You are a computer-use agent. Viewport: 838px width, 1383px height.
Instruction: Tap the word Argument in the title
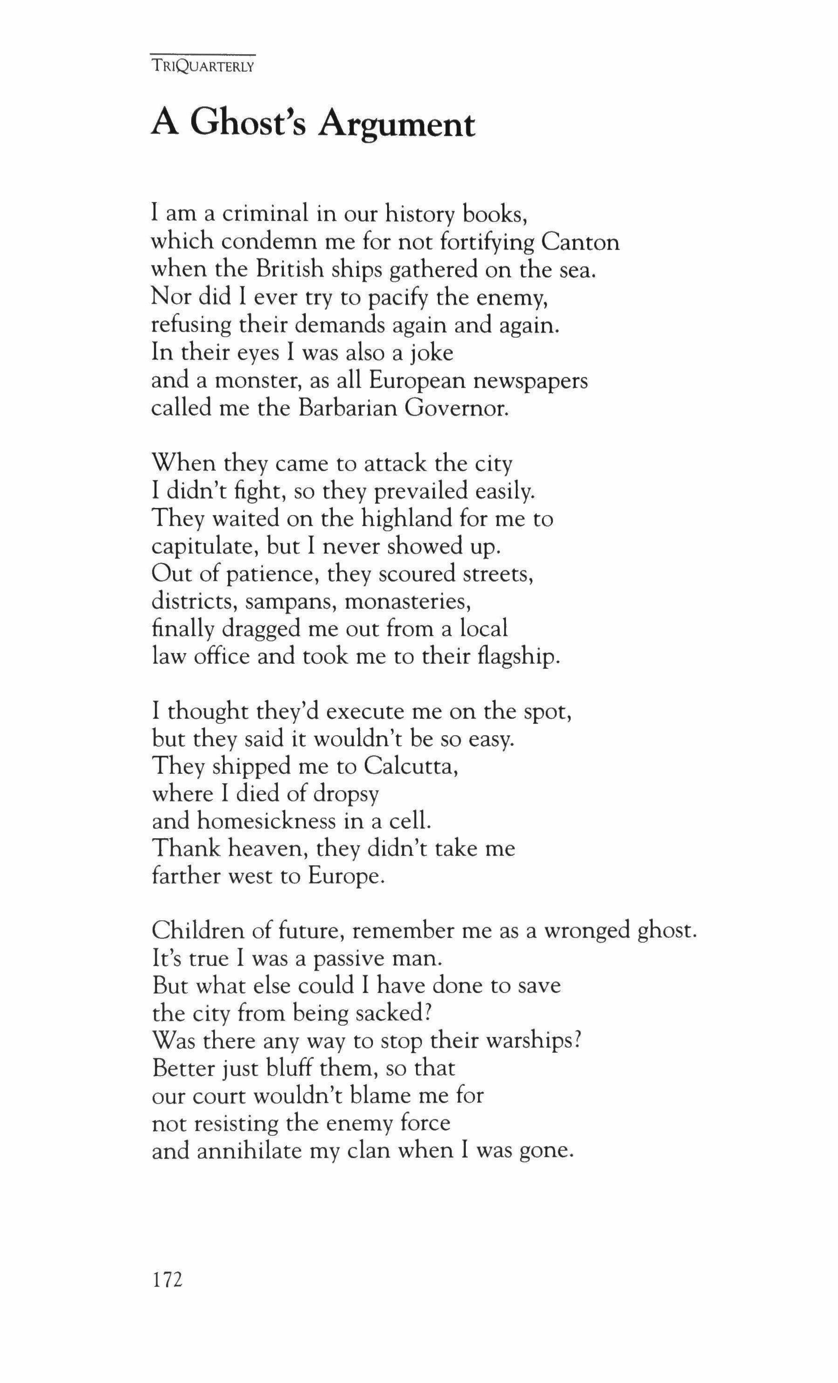tap(396, 125)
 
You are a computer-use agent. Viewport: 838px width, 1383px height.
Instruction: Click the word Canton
tap(581, 243)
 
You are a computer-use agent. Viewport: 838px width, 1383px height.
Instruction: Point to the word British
tap(290, 270)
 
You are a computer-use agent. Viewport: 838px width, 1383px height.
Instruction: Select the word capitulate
tap(204, 546)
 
